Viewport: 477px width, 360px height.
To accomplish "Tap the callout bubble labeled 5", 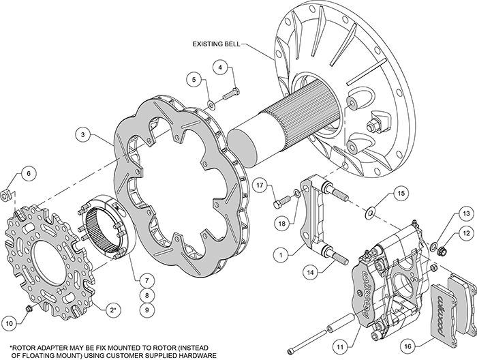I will pos(194,80).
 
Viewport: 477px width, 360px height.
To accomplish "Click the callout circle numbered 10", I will pos(10,322).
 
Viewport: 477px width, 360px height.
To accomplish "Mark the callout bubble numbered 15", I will pos(401,194).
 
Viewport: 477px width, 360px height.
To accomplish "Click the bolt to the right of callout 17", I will pos(281,202).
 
